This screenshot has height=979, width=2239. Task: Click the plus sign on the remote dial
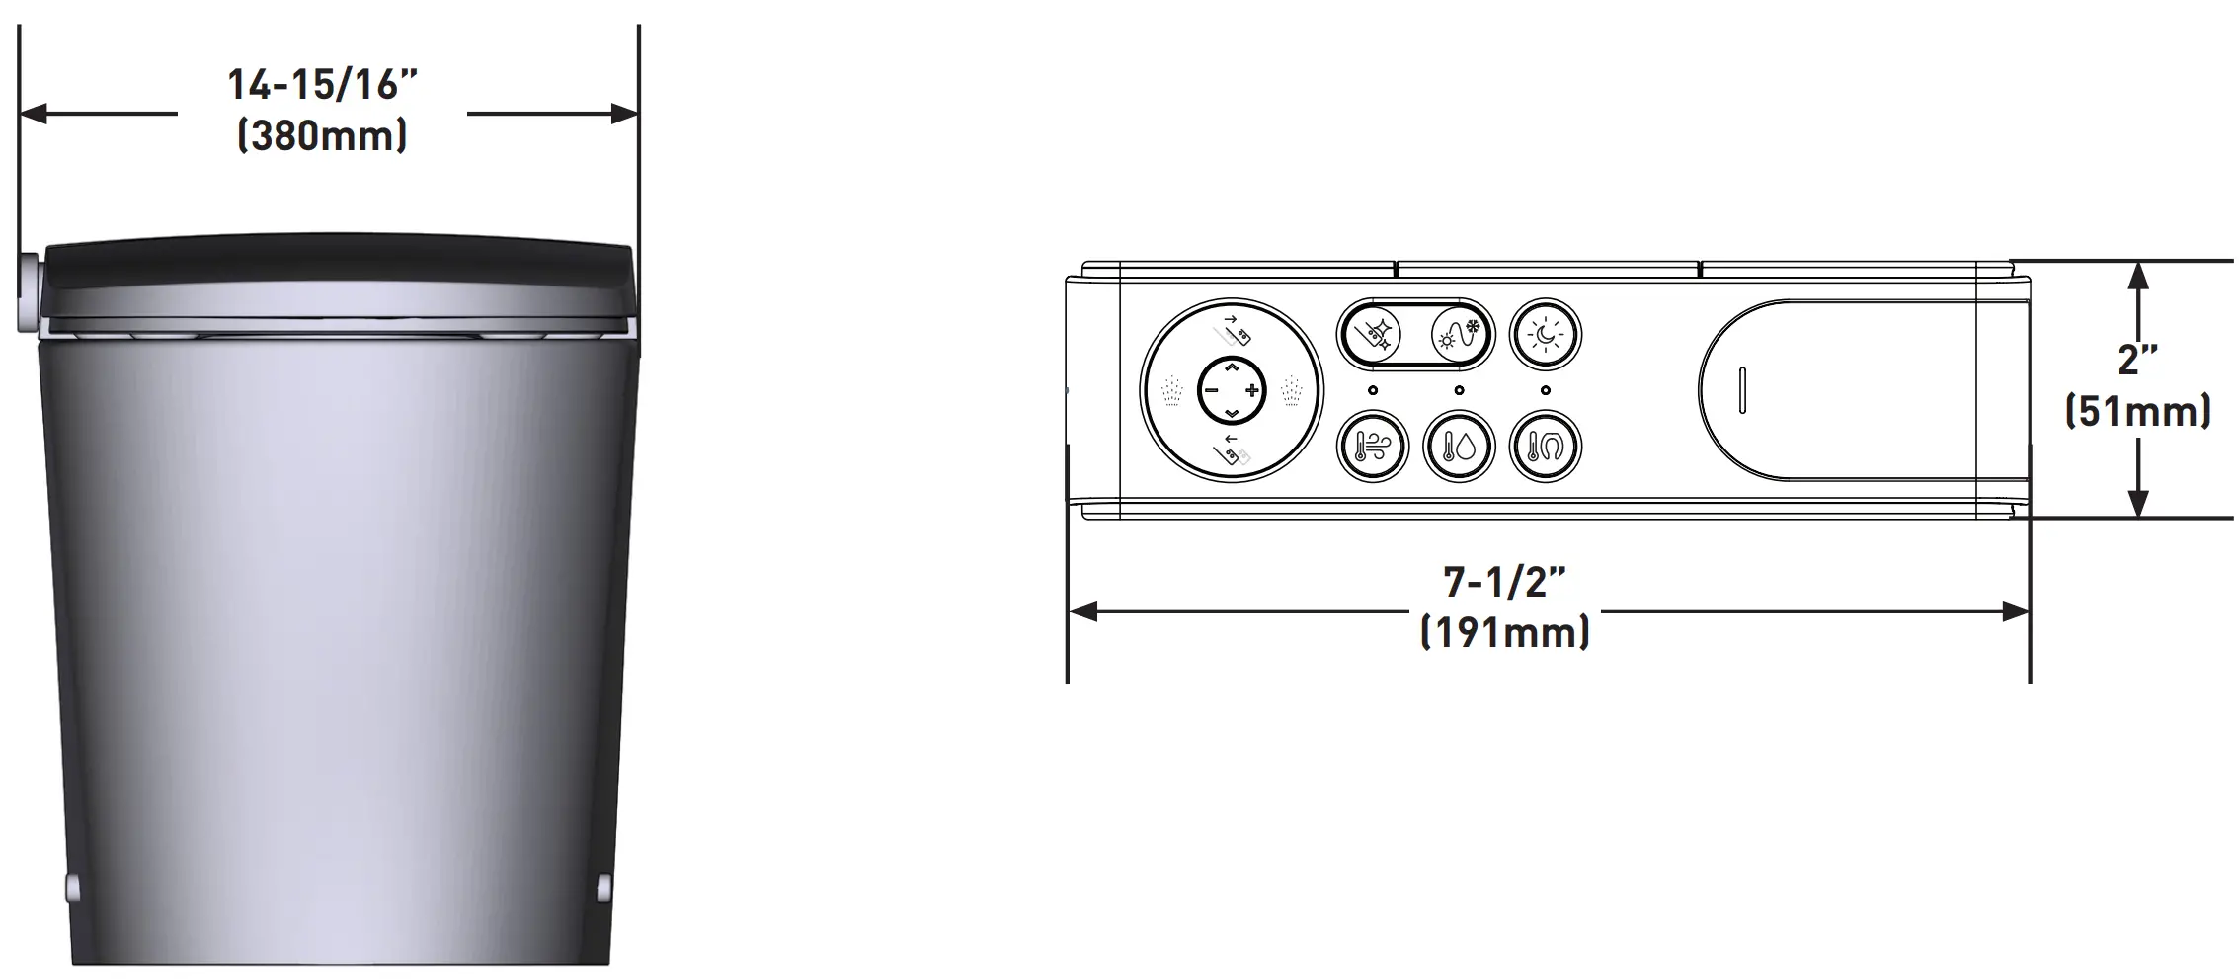1252,390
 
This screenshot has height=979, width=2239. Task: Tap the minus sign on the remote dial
1211,390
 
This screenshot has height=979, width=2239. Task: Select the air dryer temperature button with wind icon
1373,447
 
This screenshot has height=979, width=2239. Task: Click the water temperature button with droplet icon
1459,447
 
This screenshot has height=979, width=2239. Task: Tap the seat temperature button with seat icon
1546,447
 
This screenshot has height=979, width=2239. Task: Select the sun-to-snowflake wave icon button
1459,334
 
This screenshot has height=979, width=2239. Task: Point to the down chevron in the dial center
1232,412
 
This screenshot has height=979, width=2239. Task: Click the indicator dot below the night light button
1546,390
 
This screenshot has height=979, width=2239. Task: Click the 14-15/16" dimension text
323,85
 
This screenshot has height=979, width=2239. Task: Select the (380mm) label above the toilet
323,135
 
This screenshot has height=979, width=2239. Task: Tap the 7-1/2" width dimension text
1504,582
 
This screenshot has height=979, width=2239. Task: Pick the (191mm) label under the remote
1504,632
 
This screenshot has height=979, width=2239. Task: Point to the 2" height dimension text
2137,360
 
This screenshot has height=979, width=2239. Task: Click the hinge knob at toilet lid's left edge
28,293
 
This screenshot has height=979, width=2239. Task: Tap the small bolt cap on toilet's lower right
604,888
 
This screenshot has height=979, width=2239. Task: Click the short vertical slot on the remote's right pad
1742,390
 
